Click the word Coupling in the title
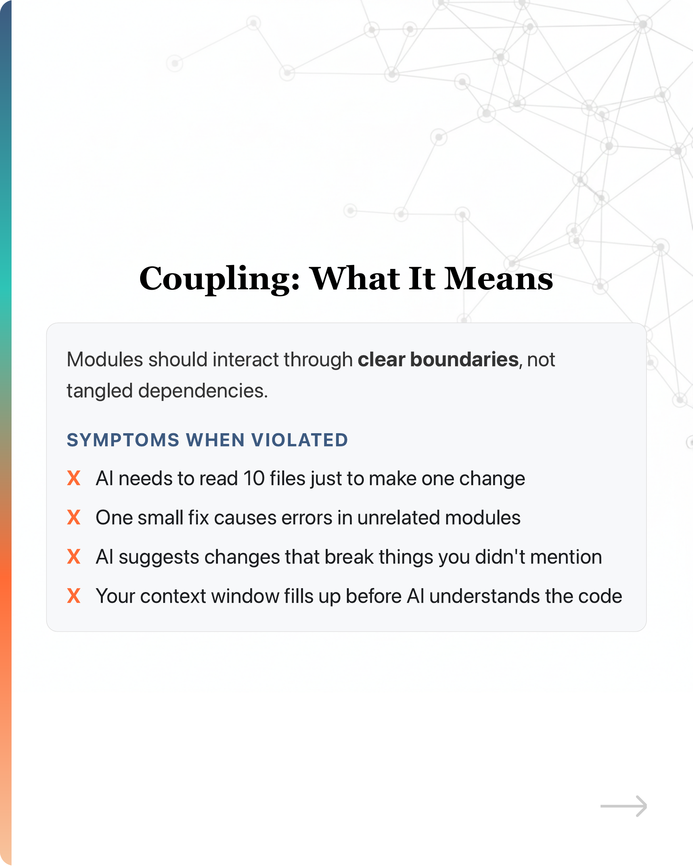[x=219, y=279]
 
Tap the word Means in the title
[x=498, y=279]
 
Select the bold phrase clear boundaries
[x=438, y=359]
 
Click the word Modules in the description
[x=104, y=359]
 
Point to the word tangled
[x=99, y=391]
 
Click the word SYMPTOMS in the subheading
[x=123, y=440]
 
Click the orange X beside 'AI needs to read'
[x=74, y=478]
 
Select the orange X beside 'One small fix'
[x=74, y=517]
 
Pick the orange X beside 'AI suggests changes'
[x=74, y=557]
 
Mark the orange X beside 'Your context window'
[x=74, y=596]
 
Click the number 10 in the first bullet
[x=254, y=478]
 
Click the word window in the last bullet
[x=245, y=596]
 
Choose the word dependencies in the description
[x=203, y=391]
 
